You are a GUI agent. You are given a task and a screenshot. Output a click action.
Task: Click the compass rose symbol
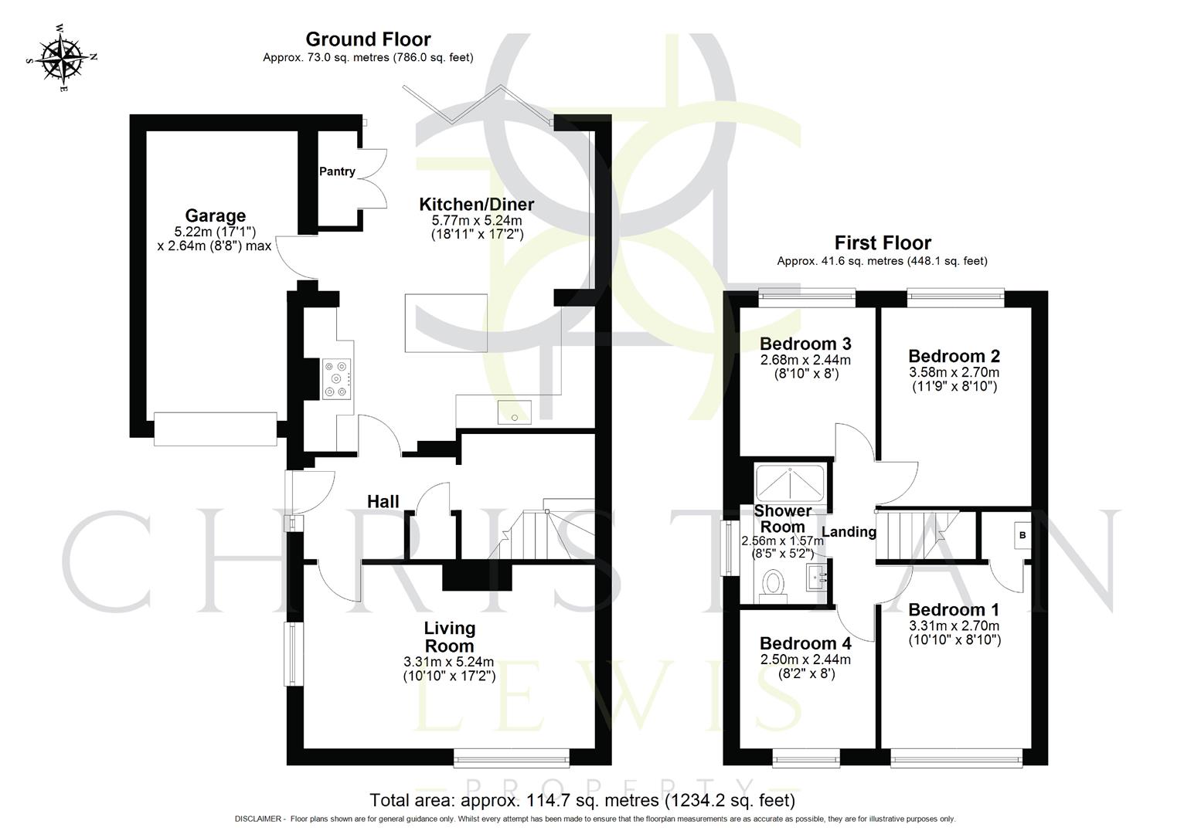coord(61,58)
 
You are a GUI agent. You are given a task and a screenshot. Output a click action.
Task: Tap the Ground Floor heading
coord(368,39)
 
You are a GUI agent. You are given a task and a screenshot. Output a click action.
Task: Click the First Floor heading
coord(882,243)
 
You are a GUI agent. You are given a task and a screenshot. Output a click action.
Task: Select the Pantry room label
coord(337,171)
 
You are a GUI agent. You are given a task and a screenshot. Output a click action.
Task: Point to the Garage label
coord(215,216)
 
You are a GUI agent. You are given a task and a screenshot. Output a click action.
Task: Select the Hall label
coord(383,502)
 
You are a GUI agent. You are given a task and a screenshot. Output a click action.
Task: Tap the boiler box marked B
coord(1022,535)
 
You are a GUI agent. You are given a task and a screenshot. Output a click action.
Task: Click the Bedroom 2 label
coord(954,356)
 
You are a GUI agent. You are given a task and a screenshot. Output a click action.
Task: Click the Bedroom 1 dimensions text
coord(954,632)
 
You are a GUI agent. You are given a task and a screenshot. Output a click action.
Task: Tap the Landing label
coord(849,532)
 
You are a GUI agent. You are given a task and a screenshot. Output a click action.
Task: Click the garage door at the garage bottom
coord(215,429)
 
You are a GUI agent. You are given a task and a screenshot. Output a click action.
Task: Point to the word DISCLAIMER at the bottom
coord(260,819)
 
